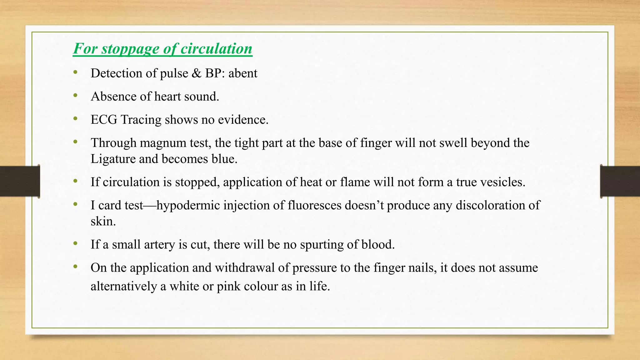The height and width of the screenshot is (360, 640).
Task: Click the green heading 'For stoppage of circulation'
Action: click(162, 49)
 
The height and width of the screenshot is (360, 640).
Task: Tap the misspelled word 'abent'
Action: click(243, 73)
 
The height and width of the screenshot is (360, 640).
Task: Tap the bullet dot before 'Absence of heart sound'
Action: click(75, 96)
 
